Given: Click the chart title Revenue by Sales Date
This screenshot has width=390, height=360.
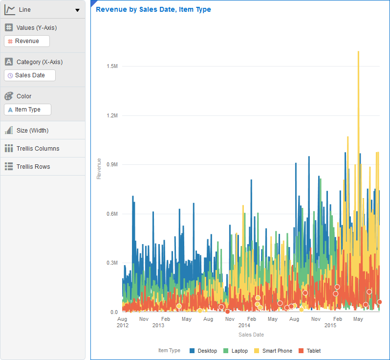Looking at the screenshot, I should [x=153, y=9].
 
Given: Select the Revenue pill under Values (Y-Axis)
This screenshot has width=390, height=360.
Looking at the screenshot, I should [x=27, y=41].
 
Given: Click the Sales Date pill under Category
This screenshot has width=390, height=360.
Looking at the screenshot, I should [x=30, y=75].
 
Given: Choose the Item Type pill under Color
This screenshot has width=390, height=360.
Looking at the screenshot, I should [x=28, y=110].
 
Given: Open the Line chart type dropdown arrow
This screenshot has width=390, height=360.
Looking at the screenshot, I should [x=77, y=10].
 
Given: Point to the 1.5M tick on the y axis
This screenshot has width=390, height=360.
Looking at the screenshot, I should [x=112, y=66].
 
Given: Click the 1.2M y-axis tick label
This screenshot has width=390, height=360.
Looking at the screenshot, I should [x=112, y=115].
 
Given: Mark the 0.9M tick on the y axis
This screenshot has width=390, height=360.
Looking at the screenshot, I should [x=112, y=164].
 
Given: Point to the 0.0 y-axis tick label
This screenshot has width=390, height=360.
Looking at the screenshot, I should [x=113, y=312].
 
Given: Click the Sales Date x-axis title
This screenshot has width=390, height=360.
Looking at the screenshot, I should [x=251, y=335].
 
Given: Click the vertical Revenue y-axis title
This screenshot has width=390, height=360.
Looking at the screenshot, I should [x=99, y=168].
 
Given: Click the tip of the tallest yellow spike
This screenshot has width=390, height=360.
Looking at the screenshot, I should [x=359, y=51].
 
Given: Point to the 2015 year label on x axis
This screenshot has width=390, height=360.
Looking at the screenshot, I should [x=330, y=325].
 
